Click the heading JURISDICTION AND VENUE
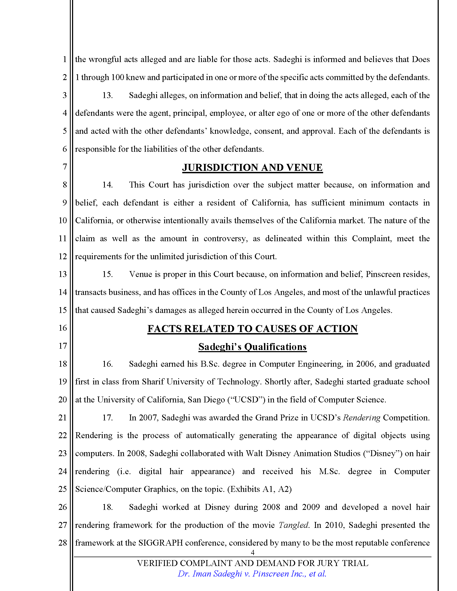point(252,168)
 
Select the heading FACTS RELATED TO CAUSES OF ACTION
point(252,329)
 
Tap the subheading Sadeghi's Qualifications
point(252,347)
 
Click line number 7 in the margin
point(65,167)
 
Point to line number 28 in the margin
point(63,543)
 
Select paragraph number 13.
point(108,95)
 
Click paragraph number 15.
point(108,274)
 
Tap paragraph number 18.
point(108,507)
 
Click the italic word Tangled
point(294,525)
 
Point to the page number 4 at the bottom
point(253,552)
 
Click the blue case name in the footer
point(252,574)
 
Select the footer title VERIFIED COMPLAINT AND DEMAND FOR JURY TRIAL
point(252,563)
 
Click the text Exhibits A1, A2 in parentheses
point(259,489)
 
